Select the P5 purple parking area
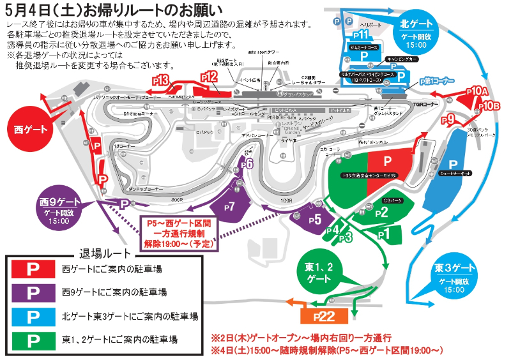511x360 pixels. [x=312, y=219]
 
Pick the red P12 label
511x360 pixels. [x=208, y=77]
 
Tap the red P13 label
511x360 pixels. [x=161, y=80]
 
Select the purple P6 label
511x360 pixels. [x=248, y=164]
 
